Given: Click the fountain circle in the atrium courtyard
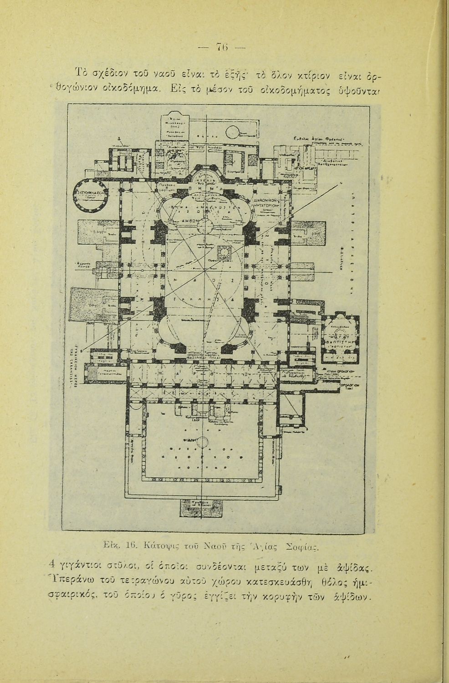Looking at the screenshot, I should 203,441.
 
